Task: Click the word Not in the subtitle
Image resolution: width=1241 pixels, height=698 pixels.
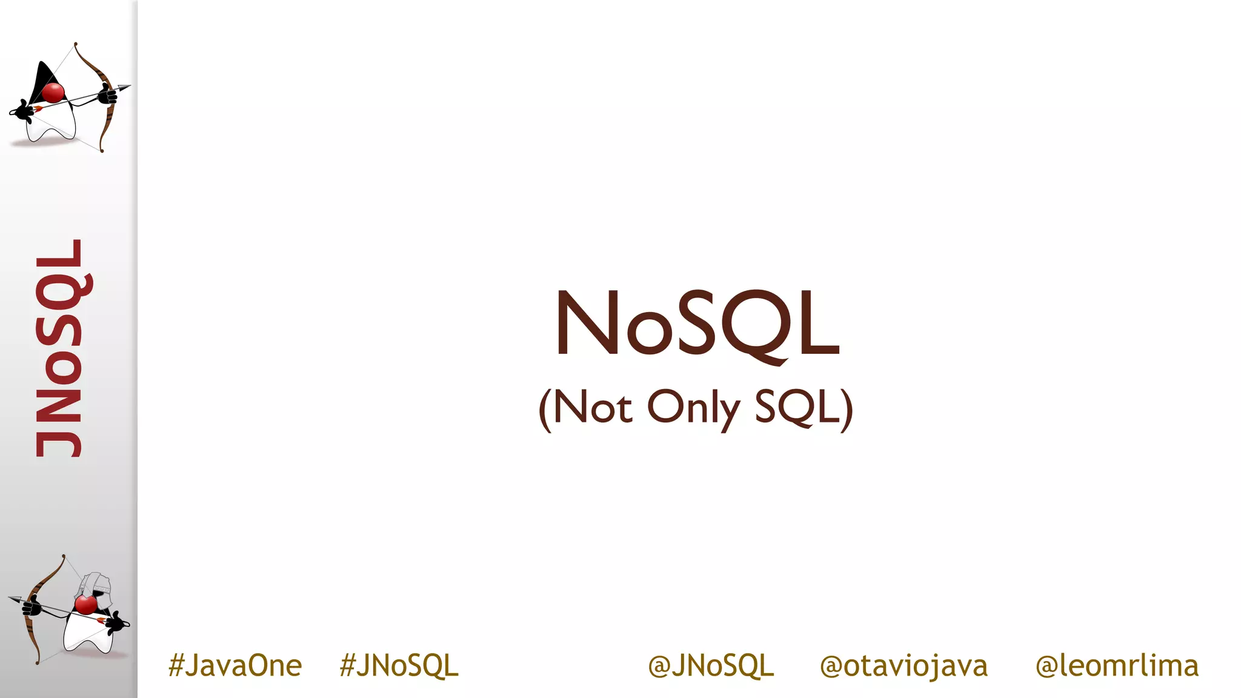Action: click(593, 408)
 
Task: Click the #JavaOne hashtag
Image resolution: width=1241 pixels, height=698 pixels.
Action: click(235, 665)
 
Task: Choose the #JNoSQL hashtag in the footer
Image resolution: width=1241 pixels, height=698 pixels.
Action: click(399, 665)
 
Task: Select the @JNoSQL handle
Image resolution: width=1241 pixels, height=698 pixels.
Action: click(711, 665)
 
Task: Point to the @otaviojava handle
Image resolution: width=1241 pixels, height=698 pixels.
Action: click(903, 665)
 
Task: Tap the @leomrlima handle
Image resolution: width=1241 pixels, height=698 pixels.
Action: click(1117, 665)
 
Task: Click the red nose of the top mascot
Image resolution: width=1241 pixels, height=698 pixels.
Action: click(53, 93)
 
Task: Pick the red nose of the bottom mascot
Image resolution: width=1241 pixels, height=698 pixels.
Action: click(85, 604)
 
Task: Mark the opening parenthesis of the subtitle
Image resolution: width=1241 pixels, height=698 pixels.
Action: click(545, 409)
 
